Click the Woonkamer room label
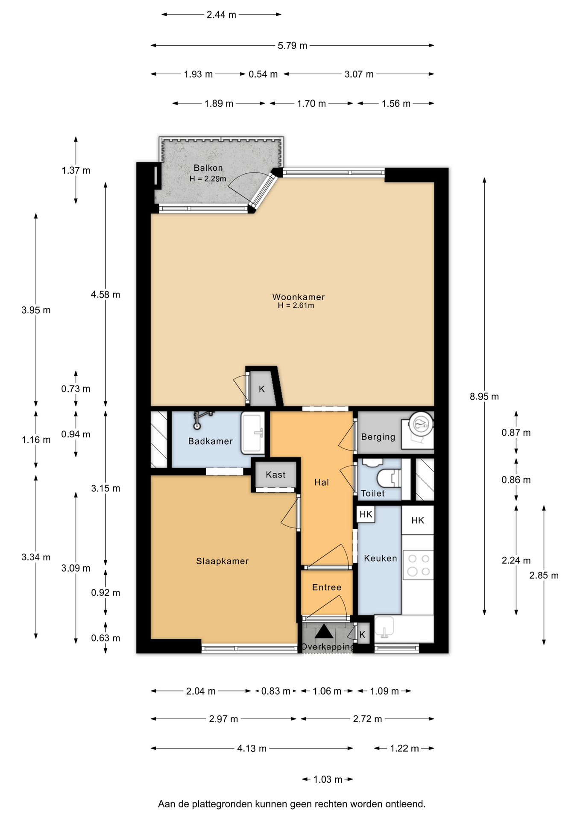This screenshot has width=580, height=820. (x=299, y=297)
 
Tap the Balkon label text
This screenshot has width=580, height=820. (x=208, y=168)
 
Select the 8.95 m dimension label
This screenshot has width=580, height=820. (x=484, y=396)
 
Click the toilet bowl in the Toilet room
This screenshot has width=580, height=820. (x=391, y=478)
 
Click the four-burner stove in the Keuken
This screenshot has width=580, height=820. (x=418, y=565)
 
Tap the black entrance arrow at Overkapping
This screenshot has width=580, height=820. (x=324, y=631)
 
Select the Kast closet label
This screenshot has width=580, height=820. (x=275, y=474)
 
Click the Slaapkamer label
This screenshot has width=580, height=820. (x=222, y=561)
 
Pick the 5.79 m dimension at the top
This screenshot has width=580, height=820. (x=293, y=45)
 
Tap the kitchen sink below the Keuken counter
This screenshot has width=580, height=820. (x=384, y=629)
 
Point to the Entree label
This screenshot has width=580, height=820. (x=327, y=587)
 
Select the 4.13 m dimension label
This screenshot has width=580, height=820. (x=252, y=748)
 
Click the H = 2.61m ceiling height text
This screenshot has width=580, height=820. (x=296, y=305)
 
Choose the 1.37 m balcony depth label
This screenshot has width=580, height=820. (x=76, y=170)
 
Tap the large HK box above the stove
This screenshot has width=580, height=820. (x=418, y=520)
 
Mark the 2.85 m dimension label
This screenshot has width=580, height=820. (x=544, y=575)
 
